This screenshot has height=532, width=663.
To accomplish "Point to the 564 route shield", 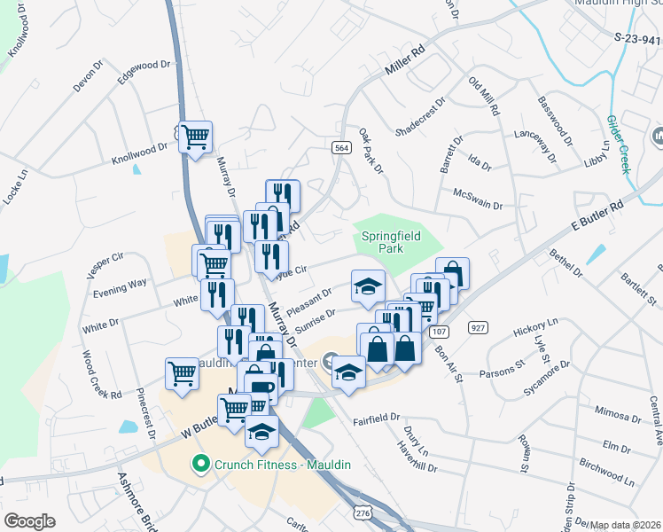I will [x=340, y=148].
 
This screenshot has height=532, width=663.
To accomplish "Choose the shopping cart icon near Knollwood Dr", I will [x=195, y=137].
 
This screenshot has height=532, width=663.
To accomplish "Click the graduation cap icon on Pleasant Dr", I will [x=369, y=286].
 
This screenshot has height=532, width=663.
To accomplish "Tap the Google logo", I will [x=29, y=521].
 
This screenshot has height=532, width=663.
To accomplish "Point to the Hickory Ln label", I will [x=535, y=325].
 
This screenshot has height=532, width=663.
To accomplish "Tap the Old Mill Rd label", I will [x=485, y=98].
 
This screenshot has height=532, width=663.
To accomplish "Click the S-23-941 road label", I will [x=637, y=39].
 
